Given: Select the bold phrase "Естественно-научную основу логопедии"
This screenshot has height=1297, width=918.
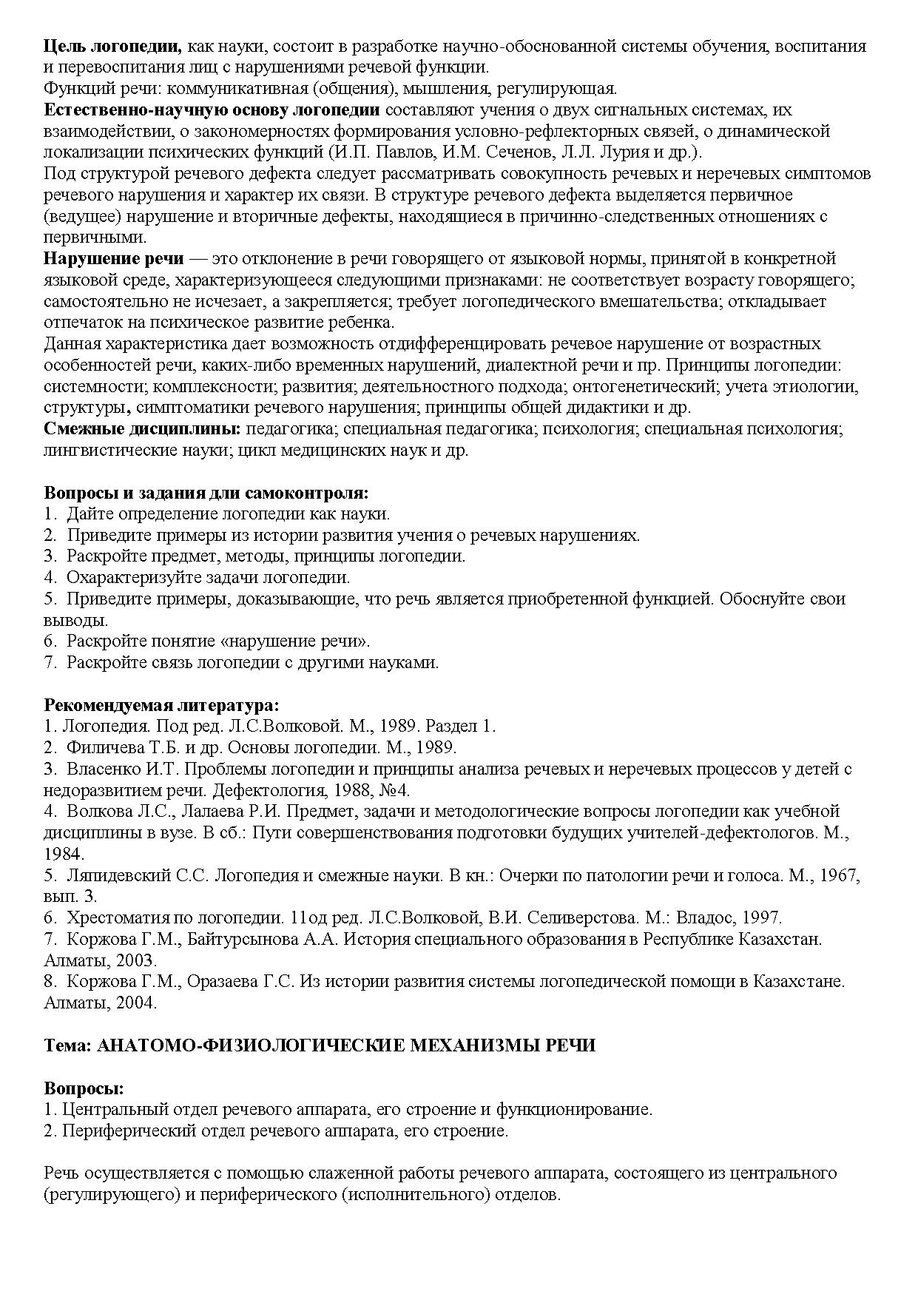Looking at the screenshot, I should (x=212, y=110).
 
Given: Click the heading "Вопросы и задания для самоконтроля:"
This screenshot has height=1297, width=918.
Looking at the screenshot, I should (x=206, y=493).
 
